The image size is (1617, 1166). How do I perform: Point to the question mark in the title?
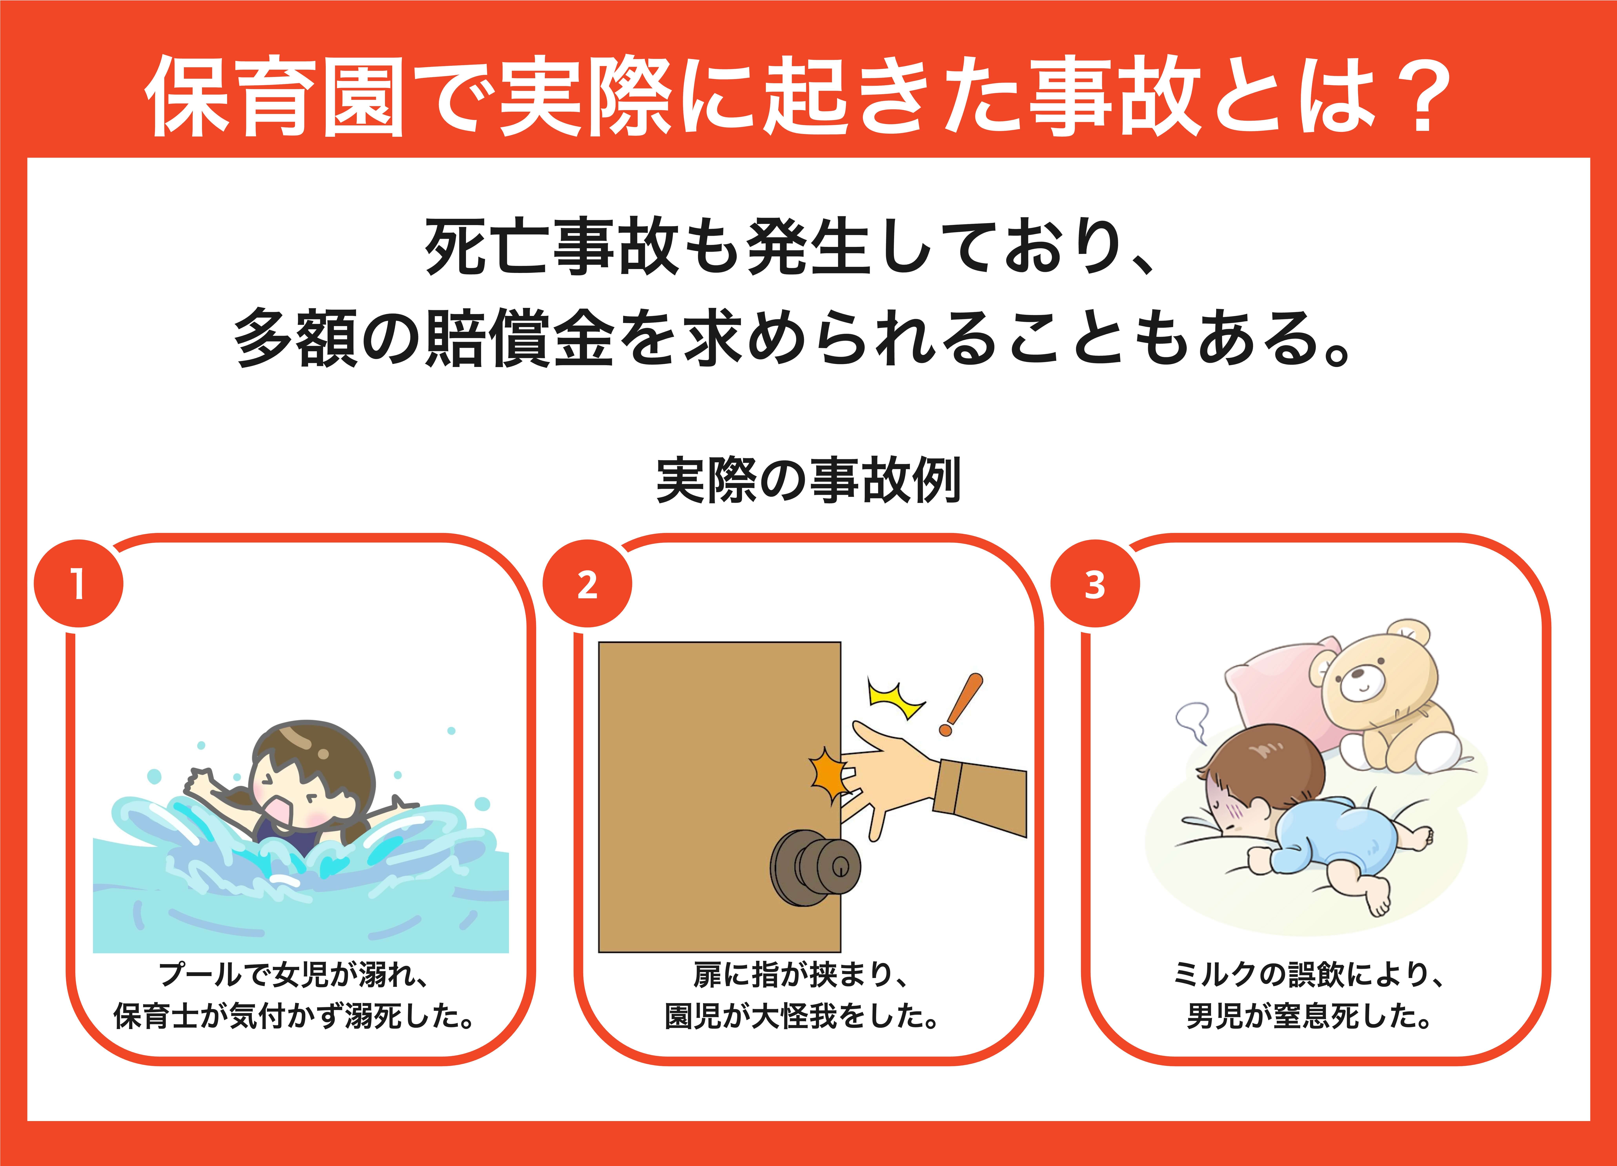1422,96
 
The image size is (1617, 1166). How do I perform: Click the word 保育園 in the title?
275,96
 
